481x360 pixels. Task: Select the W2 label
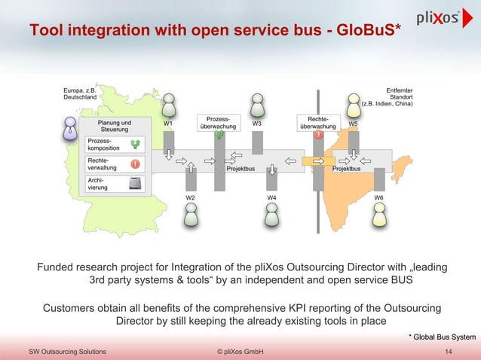click(x=191, y=197)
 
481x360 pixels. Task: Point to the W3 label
click(x=257, y=124)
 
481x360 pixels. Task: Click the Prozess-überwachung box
click(x=219, y=124)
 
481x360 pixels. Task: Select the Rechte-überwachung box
click(x=318, y=124)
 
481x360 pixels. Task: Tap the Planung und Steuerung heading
click(x=115, y=126)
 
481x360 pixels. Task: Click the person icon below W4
click(x=271, y=216)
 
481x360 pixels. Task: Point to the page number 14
click(x=449, y=352)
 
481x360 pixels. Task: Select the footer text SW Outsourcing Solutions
click(x=67, y=352)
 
